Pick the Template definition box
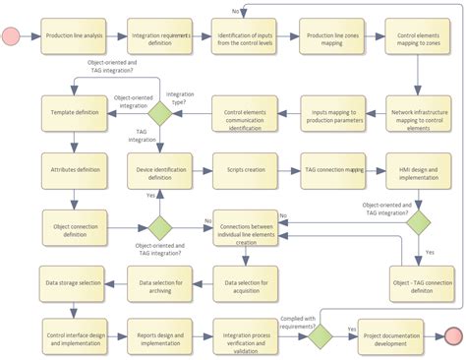click(x=74, y=113)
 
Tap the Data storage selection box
click(x=74, y=283)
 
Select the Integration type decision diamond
click(x=159, y=113)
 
